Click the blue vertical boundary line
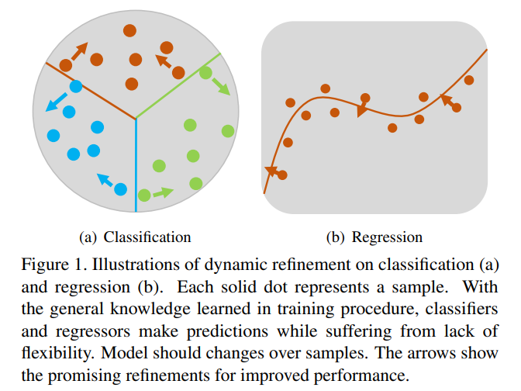pyautogui.click(x=136, y=165)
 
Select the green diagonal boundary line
pyautogui.click(x=178, y=85)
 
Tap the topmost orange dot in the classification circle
pyautogui.click(x=129, y=30)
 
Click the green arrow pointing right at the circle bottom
pyautogui.click(x=163, y=192)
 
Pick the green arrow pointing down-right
pyautogui.click(x=221, y=86)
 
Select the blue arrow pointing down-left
pyautogui.click(x=56, y=102)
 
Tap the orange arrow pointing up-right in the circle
pyautogui.click(x=80, y=51)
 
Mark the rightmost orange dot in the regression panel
pyautogui.click(x=469, y=80)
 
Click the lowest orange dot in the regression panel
pyautogui.click(x=282, y=175)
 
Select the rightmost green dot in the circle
pyautogui.click(x=228, y=131)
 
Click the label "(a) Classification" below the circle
pyautogui.click(x=135, y=237)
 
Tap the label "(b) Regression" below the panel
pyautogui.click(x=374, y=237)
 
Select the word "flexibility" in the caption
pyautogui.click(x=57, y=353)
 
